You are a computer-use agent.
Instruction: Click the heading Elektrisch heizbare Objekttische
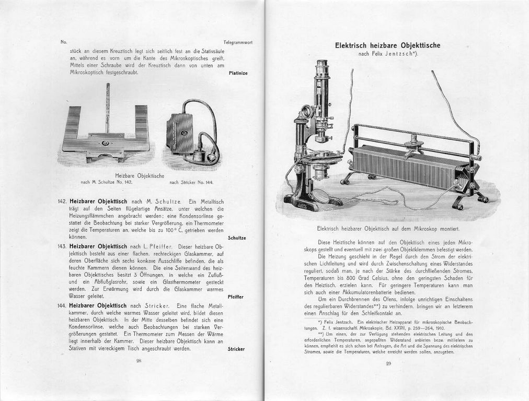(387, 45)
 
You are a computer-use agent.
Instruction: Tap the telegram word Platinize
(238, 73)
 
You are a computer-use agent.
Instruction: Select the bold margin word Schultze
(237, 238)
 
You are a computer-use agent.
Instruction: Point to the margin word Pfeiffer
(237, 297)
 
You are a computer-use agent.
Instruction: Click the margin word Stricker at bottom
(236, 349)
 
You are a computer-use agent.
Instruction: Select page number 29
(388, 363)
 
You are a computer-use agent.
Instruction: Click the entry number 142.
(62, 201)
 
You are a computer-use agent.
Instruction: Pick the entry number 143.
(62, 246)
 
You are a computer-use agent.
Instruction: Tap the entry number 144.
(62, 305)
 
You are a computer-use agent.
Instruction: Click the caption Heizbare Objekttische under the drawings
(140, 175)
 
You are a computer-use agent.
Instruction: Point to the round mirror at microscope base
(320, 196)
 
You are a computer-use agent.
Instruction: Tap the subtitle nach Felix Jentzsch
(387, 54)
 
